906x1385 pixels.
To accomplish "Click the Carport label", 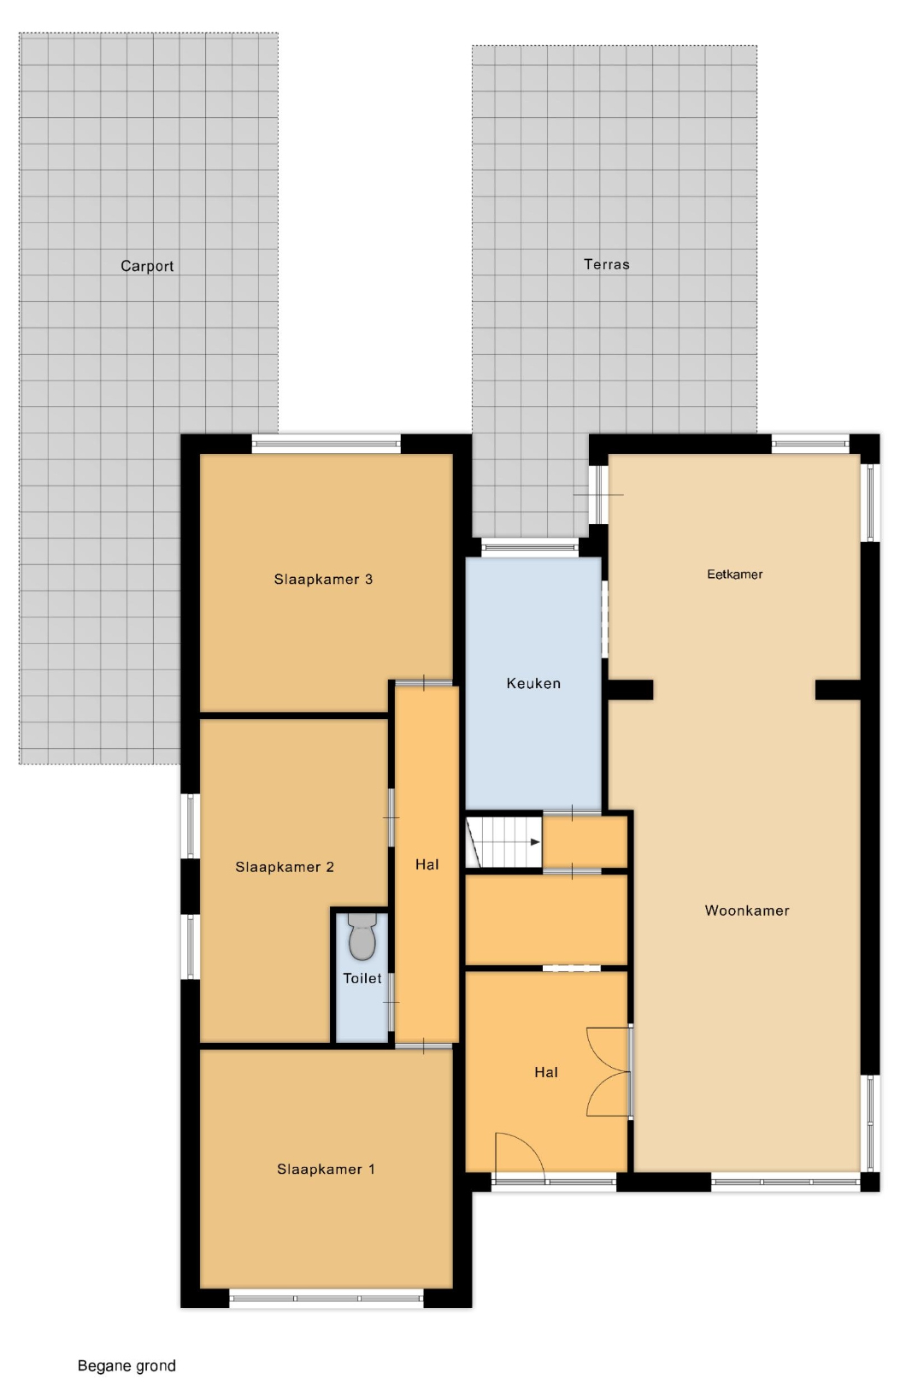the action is [147, 267].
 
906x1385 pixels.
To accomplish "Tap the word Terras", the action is [607, 265].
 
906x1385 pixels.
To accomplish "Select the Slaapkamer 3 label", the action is [323, 580].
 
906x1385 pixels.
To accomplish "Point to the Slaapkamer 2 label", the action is [285, 867].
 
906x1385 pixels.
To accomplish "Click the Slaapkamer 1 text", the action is [326, 1170].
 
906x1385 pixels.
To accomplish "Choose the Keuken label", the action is [533, 683].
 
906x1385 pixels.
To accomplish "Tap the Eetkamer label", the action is [735, 575].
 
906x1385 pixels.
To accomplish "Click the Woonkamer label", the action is [747, 911].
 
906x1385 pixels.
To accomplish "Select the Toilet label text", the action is [362, 978].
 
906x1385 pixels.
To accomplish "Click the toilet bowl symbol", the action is [362, 936].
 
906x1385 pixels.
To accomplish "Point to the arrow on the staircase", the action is [535, 841].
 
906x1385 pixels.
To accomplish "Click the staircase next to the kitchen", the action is [503, 841].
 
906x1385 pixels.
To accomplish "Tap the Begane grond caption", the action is [126, 1365].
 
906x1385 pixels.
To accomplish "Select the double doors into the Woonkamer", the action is [609, 1071].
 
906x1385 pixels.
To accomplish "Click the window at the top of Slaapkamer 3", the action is [327, 444].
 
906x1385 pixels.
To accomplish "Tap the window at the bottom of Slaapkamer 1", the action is [327, 1298].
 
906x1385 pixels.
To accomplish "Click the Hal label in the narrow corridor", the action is [427, 864].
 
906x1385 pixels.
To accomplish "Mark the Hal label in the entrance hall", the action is [546, 1072].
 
